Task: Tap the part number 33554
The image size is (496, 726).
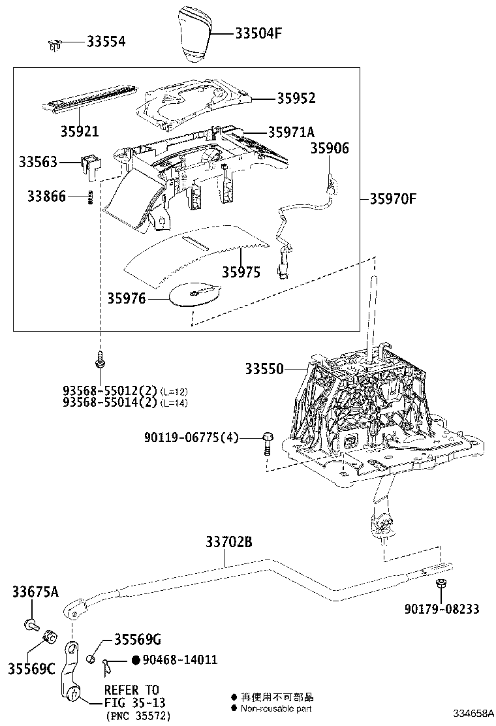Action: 106,42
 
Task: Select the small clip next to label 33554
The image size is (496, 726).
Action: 55,44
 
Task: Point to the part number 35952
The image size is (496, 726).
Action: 296,99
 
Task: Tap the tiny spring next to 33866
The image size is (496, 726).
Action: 91,197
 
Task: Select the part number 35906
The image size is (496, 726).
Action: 330,149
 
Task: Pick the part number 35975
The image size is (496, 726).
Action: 240,272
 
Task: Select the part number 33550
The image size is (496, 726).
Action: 264,369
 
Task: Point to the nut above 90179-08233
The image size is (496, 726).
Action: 441,583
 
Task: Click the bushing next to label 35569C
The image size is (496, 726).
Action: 48,636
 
